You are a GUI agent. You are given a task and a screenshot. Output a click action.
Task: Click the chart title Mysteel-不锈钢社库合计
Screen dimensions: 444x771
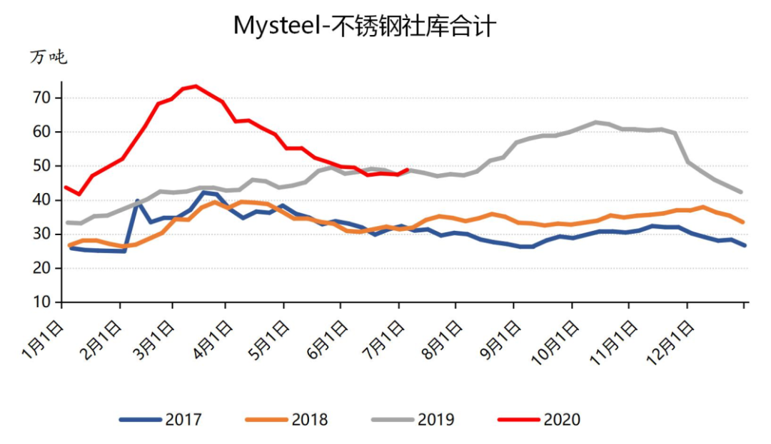(x=365, y=26)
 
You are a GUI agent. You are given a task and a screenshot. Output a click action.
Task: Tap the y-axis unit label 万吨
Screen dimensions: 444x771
(x=49, y=58)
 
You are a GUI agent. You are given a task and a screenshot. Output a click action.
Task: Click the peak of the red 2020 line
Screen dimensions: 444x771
(x=196, y=86)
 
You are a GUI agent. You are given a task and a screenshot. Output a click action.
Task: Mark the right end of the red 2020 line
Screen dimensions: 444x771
(x=407, y=170)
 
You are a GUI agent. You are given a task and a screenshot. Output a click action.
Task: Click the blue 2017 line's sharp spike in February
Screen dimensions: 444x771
(x=137, y=201)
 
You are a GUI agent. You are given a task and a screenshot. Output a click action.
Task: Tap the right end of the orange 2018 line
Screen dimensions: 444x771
(x=743, y=222)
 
